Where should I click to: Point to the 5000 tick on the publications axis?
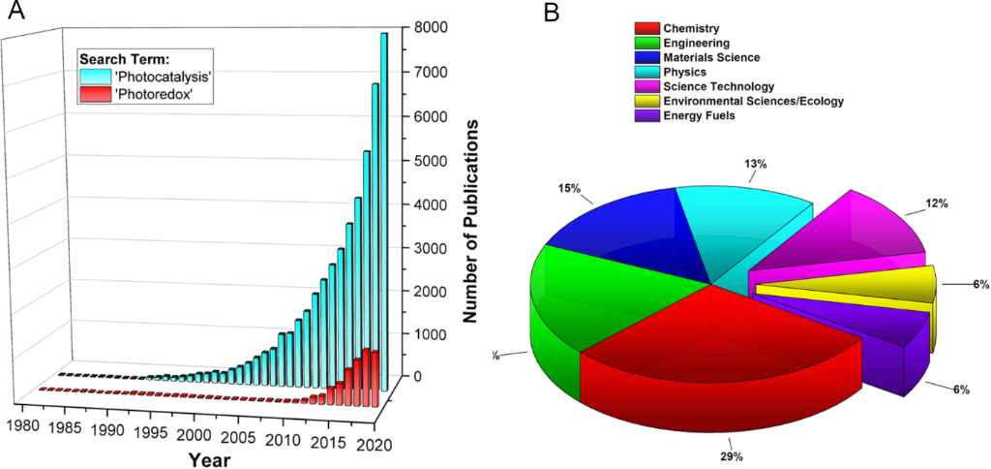click(x=428, y=161)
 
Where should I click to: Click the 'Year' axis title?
click(x=209, y=459)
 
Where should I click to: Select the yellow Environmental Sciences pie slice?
click(x=852, y=286)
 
